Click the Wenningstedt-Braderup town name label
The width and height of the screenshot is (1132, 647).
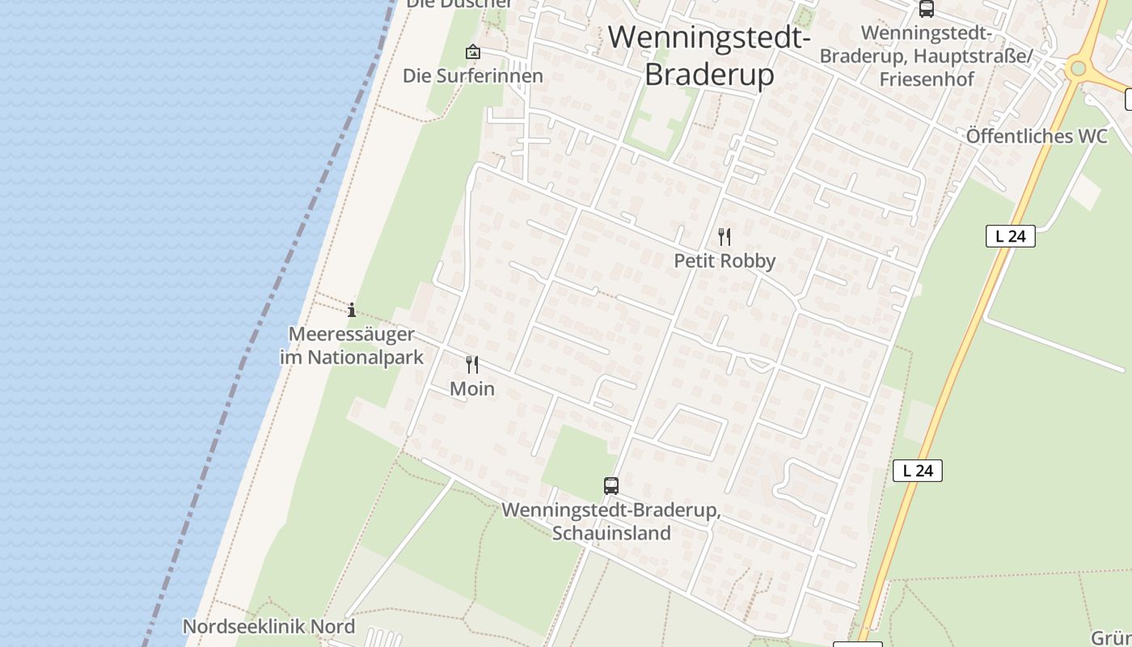point(709,55)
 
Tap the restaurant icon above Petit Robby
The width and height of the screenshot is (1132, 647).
point(724,237)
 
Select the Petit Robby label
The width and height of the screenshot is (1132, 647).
point(724,260)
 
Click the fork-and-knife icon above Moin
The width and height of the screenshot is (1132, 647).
point(472,365)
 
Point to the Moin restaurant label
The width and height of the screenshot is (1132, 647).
point(472,389)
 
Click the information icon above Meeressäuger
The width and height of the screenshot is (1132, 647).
point(352,310)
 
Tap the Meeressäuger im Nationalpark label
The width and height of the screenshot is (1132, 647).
point(352,345)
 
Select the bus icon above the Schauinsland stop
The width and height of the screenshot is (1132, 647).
point(611,486)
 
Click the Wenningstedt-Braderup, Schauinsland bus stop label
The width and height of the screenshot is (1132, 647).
point(611,522)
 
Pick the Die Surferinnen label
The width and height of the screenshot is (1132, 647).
point(473,76)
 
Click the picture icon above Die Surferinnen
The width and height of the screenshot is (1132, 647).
point(473,53)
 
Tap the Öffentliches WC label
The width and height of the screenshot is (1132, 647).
point(1037,136)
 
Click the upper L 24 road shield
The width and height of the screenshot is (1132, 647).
point(1011,236)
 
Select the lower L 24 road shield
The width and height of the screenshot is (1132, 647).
point(918,471)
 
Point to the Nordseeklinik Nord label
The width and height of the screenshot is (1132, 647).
point(268,627)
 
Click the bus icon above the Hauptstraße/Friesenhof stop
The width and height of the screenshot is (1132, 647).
point(927,9)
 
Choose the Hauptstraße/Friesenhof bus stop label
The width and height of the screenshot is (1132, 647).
point(927,56)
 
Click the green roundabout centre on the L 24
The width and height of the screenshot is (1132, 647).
point(1077,68)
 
